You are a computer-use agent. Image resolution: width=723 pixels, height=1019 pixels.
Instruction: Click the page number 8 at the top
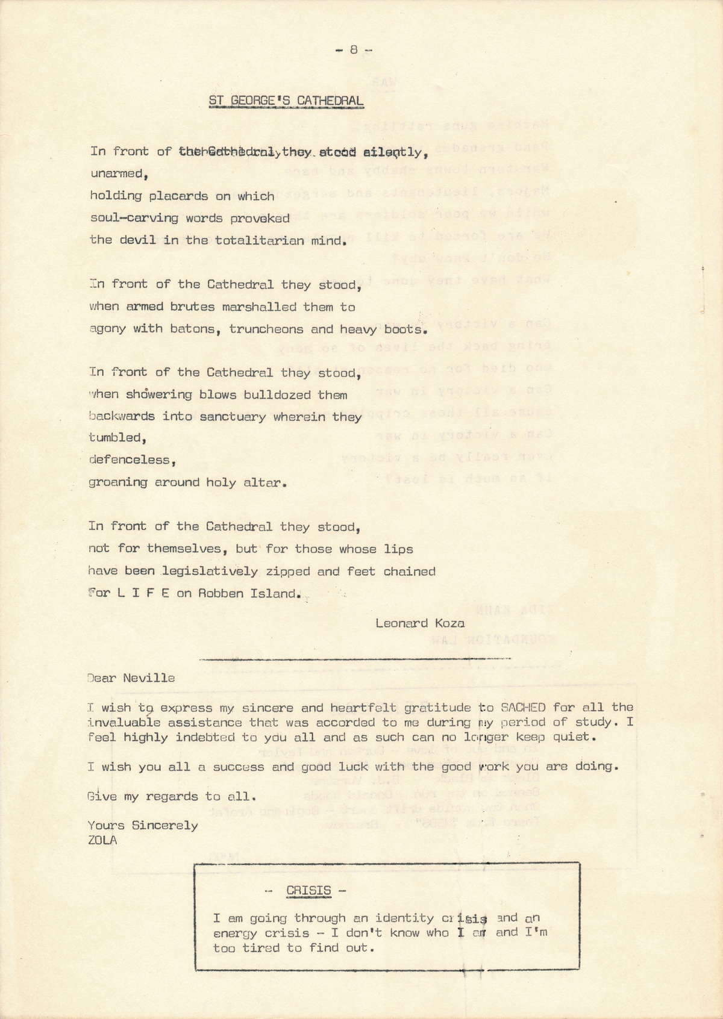(x=353, y=51)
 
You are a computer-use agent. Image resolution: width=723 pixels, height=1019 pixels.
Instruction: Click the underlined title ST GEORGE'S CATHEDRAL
(x=286, y=101)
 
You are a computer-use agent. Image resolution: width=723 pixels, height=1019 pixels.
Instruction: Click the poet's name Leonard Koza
(x=419, y=623)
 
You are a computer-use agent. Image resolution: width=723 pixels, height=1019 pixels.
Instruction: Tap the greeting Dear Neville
(x=131, y=678)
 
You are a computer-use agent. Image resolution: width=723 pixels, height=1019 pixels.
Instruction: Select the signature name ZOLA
(x=102, y=840)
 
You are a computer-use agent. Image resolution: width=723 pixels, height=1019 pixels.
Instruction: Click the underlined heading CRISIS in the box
(x=308, y=890)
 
